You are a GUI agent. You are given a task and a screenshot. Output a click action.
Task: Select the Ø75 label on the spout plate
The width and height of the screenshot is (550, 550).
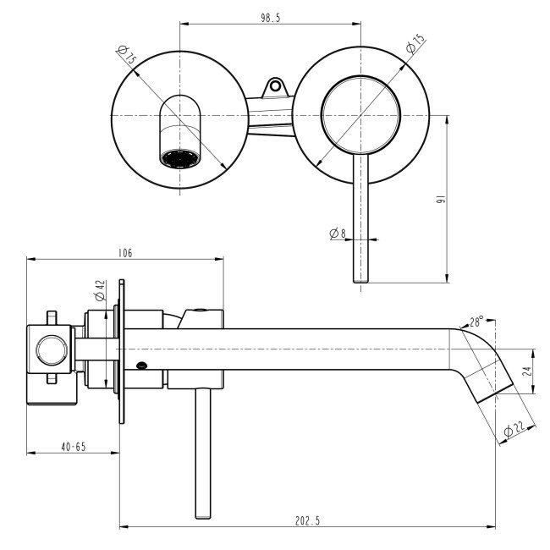(x=128, y=57)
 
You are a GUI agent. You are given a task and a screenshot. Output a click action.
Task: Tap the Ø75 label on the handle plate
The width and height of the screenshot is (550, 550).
(x=415, y=45)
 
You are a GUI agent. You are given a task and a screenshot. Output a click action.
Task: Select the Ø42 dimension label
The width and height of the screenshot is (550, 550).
(x=98, y=291)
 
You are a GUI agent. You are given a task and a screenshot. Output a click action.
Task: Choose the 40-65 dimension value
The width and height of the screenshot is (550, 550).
(x=73, y=446)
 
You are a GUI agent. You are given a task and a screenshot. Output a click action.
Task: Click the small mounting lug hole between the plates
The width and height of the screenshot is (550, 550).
(x=273, y=85)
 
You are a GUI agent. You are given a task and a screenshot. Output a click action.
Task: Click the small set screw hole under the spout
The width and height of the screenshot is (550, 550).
(x=141, y=366)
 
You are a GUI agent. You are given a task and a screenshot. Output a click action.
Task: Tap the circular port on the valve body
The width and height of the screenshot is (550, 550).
(x=50, y=348)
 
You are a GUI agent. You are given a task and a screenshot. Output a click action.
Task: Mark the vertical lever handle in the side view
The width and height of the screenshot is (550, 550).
(x=202, y=453)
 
